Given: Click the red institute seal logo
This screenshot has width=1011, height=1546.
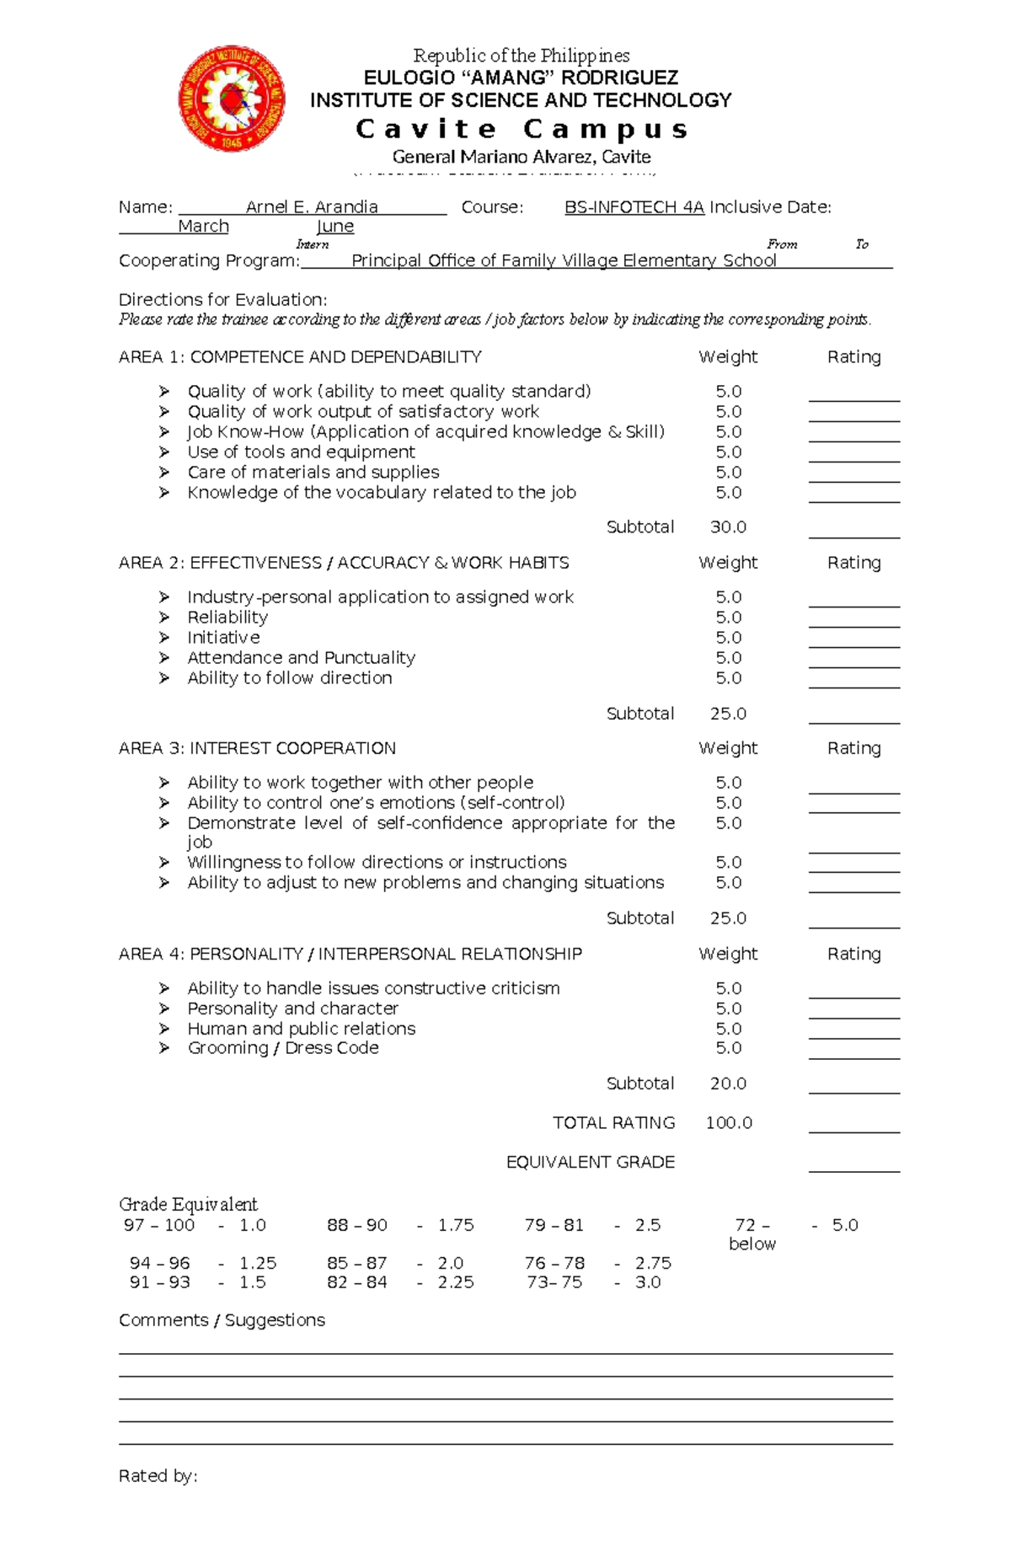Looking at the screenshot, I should (x=231, y=99).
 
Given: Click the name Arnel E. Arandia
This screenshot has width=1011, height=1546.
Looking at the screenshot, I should (x=311, y=207).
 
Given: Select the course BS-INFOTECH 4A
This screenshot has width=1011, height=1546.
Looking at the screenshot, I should (x=634, y=207).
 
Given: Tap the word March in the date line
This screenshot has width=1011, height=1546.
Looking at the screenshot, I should (x=203, y=227).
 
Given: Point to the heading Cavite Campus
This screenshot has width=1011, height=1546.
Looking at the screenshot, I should (x=522, y=130).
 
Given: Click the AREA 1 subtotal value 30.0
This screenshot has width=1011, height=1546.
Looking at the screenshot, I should (x=728, y=527).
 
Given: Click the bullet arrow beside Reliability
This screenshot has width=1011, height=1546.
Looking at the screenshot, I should (x=164, y=618).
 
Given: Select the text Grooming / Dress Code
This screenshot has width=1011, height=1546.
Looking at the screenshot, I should (x=283, y=1048).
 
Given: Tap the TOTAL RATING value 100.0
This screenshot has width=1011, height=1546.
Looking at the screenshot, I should (x=729, y=1123).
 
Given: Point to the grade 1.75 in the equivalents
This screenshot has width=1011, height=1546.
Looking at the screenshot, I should (x=456, y=1226).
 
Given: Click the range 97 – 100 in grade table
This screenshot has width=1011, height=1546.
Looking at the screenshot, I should (x=159, y=1226).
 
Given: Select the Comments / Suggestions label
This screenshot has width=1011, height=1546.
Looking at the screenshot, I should (x=222, y=1320).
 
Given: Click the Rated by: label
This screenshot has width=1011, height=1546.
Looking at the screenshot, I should (x=158, y=1476).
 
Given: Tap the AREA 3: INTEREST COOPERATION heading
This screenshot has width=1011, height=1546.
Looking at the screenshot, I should (x=257, y=748).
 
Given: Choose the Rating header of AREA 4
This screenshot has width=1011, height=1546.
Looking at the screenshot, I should (x=853, y=954).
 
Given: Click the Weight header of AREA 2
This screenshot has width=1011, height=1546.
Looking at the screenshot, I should (x=728, y=563).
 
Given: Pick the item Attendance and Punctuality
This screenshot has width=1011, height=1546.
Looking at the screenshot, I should (x=301, y=658).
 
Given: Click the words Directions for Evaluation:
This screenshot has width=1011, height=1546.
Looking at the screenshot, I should (x=222, y=300).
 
